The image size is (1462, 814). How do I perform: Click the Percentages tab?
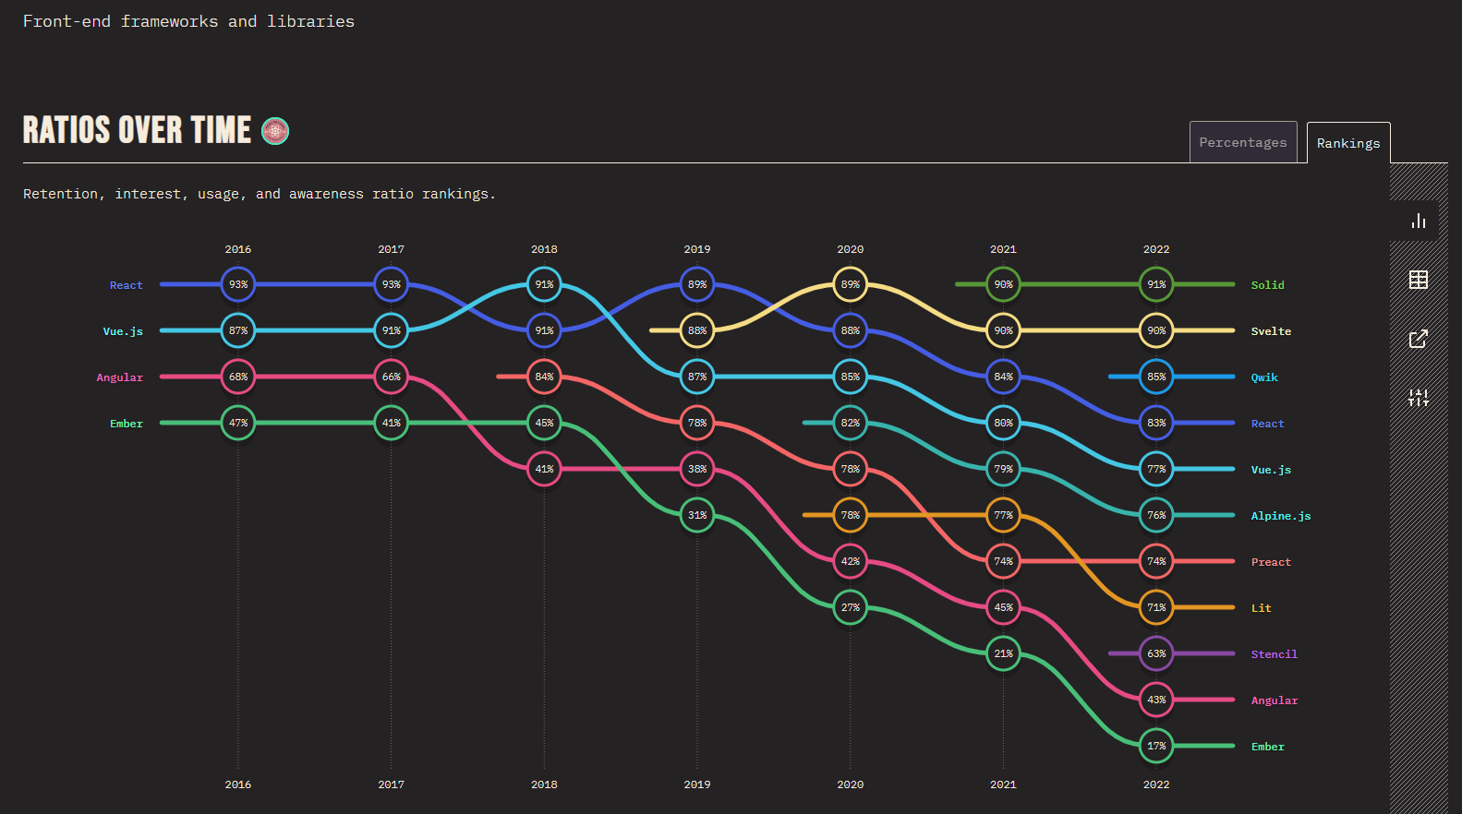pos(1242,142)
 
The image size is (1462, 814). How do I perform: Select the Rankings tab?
pos(1347,143)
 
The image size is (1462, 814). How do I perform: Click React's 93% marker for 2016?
pos(238,284)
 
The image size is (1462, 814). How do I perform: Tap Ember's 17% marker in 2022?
pos(1156,746)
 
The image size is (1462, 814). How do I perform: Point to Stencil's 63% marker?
pos(1156,653)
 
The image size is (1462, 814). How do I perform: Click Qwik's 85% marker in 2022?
pos(1156,377)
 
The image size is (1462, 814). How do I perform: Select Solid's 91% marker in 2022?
pos(1156,284)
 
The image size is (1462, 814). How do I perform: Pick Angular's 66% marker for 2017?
pos(392,377)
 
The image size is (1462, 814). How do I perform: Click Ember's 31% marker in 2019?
pos(697,515)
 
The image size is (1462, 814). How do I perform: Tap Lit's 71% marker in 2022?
pos(1156,607)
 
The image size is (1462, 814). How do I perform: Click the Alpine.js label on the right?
pos(1280,516)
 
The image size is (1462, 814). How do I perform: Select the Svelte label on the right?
pos(1271,331)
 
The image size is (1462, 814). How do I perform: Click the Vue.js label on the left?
pos(123,331)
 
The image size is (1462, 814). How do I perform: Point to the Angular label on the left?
pos(119,377)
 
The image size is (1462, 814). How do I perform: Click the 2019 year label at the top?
pos(697,249)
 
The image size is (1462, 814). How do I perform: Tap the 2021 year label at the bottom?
pos(1003,784)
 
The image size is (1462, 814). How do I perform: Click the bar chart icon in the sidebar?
pos(1419,221)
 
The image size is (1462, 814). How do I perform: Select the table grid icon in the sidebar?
pos(1419,280)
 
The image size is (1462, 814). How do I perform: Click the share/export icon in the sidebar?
pos(1419,339)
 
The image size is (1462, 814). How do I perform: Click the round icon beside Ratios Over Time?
pos(275,131)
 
